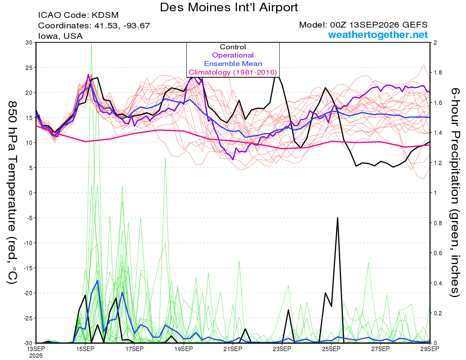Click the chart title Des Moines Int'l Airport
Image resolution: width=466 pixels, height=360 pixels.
(x=229, y=7)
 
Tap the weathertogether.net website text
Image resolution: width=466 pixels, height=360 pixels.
(x=378, y=35)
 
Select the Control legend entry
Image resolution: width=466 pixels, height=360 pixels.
(x=233, y=47)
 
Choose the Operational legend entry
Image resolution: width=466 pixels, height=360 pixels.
(x=233, y=55)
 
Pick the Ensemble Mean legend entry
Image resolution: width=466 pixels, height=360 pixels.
(x=233, y=64)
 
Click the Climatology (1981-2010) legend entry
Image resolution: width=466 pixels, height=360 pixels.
(x=233, y=72)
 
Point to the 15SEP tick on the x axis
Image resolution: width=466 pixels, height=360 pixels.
(x=85, y=349)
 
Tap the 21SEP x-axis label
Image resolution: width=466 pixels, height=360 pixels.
(x=233, y=349)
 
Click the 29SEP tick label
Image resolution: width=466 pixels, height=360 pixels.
(x=430, y=349)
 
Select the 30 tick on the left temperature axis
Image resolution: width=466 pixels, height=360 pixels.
(x=29, y=43)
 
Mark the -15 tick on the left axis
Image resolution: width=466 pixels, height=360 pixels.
(x=28, y=268)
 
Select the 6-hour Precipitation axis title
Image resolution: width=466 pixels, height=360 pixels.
(x=455, y=192)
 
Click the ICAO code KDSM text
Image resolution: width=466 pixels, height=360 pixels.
(x=78, y=15)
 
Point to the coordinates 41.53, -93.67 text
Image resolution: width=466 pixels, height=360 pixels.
(x=94, y=26)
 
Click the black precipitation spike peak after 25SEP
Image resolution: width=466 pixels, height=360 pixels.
(x=337, y=217)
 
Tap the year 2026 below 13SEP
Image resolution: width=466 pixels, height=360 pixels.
(x=36, y=356)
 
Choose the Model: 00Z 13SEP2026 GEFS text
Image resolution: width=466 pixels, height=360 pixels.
(x=363, y=25)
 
